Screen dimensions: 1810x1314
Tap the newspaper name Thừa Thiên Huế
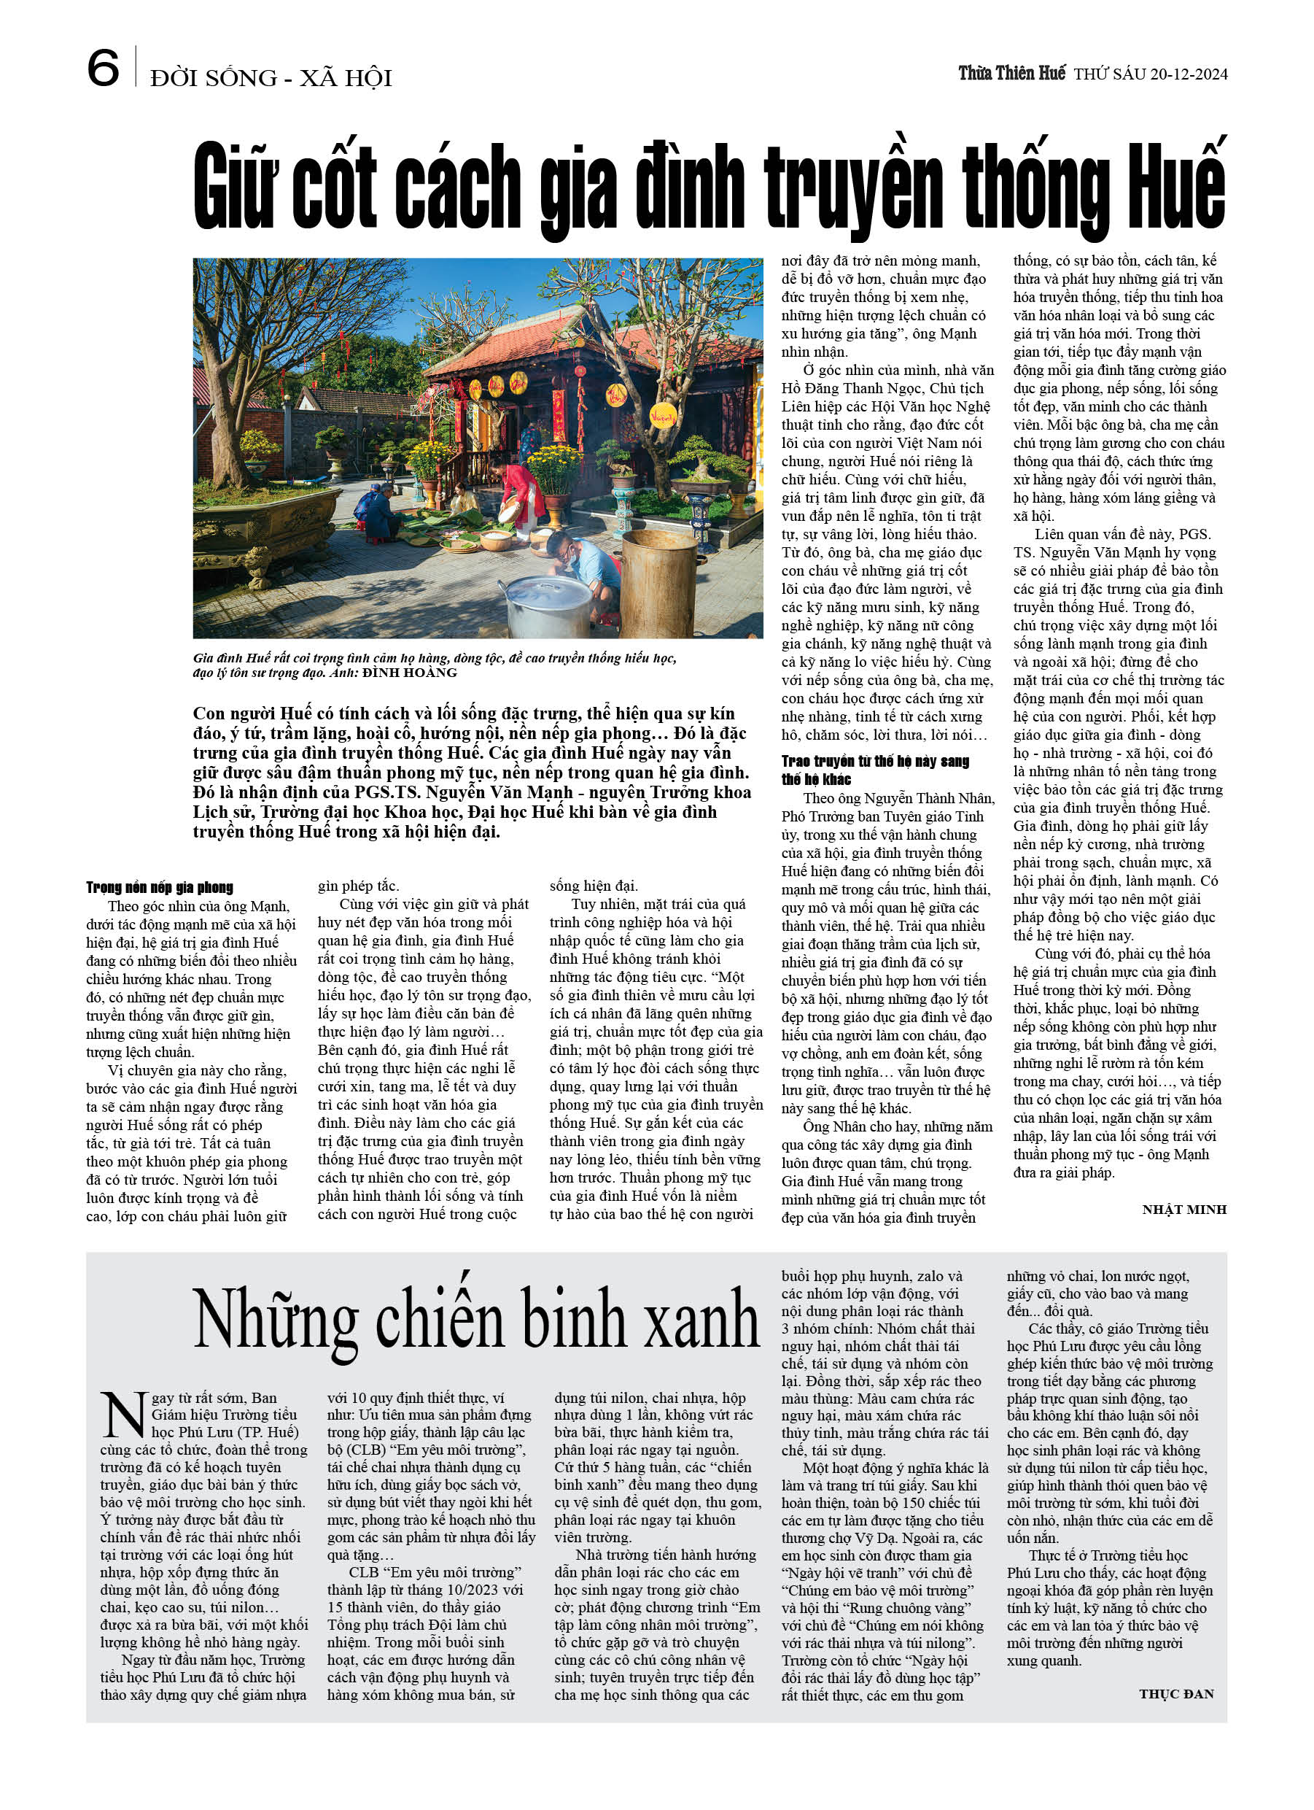(1011, 74)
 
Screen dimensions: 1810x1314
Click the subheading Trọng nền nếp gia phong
(160, 886)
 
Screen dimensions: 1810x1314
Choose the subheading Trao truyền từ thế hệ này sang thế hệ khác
(874, 770)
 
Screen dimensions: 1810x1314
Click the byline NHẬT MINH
(1183, 1209)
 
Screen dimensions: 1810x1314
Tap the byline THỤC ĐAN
(1176, 1693)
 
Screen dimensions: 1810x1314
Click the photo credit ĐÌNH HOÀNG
(409, 673)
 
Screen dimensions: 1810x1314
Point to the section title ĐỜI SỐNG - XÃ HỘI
(271, 78)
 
